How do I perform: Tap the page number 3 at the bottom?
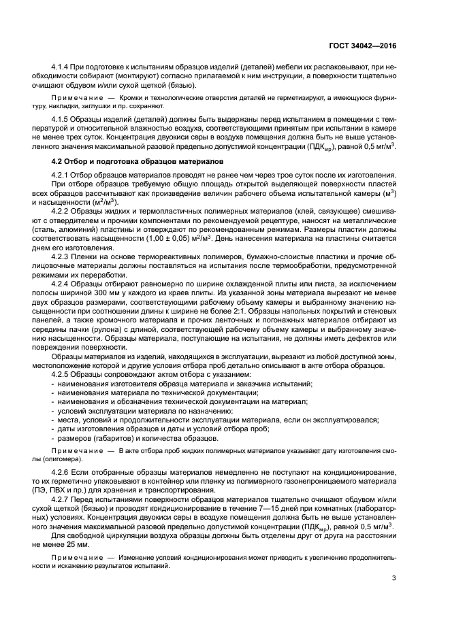[394, 578]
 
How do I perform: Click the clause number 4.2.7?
[63, 501]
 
